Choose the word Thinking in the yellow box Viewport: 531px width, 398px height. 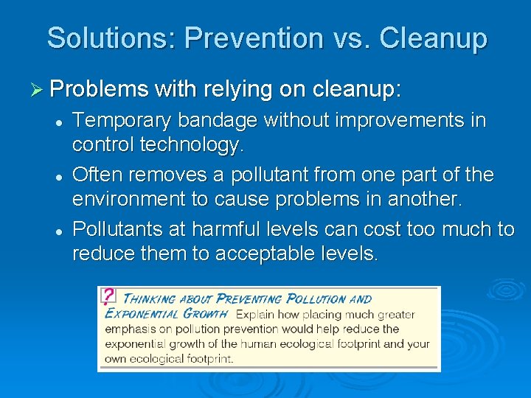tap(147, 298)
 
